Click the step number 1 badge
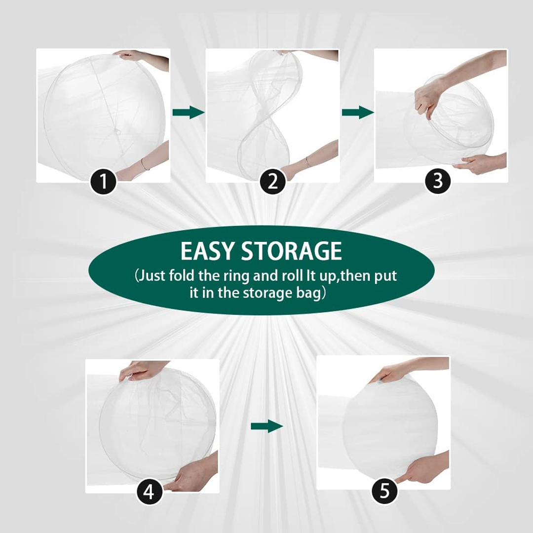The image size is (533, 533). point(103,181)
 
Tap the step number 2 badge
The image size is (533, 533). point(273,181)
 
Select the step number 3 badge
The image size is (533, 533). point(438,181)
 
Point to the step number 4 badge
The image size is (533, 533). point(150,492)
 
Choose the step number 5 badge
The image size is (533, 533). point(385,491)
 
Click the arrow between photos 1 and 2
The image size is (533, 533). point(189,112)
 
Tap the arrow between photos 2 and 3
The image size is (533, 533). point(358,112)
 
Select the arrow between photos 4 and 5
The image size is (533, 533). point(267,426)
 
